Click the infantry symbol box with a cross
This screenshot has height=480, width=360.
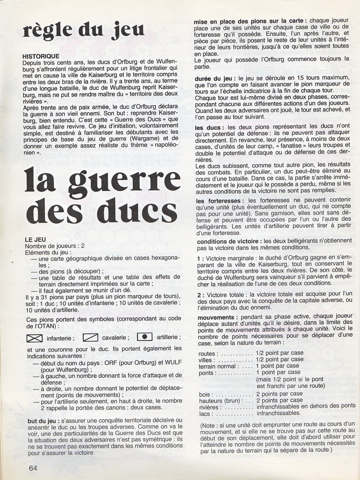point(34,338)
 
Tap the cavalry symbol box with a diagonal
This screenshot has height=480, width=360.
point(90,338)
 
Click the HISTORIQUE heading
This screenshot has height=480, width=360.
point(41,56)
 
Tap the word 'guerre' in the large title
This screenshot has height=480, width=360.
point(123,182)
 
